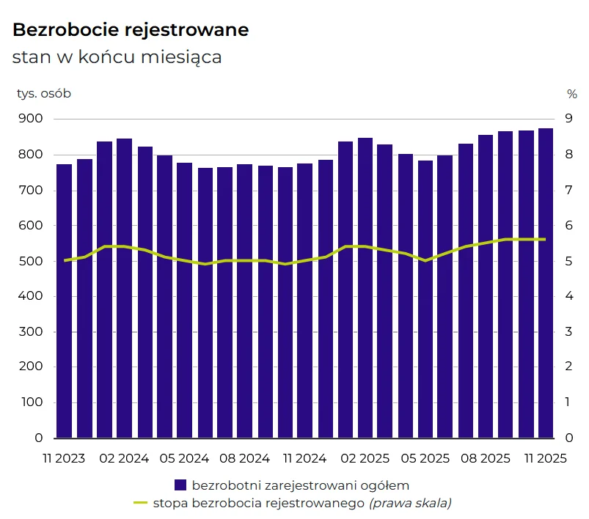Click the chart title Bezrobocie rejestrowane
[131, 30]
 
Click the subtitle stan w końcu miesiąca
[117, 56]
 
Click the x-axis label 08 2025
[486, 459]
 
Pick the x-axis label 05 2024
[184, 459]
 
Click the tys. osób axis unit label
[44, 93]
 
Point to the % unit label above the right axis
[572, 93]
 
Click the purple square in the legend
[180, 485]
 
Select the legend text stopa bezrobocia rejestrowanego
[259, 503]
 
